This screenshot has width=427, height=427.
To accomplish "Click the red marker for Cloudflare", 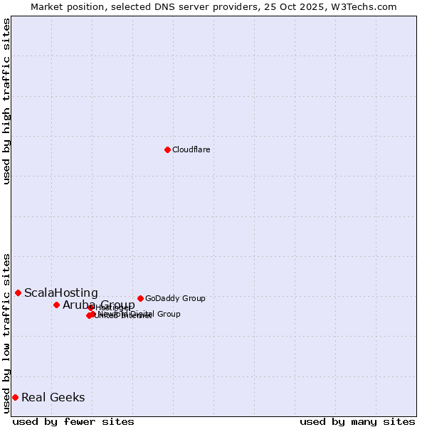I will click(167, 149).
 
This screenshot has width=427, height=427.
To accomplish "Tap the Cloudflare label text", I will click(191, 149).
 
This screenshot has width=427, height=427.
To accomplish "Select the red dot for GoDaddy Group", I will click(140, 298).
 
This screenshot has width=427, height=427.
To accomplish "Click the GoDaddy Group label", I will click(175, 298).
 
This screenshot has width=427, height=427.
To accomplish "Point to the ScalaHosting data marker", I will click(18, 292).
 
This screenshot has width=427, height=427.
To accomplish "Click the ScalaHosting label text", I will click(61, 292).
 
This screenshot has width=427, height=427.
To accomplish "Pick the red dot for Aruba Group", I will click(56, 305).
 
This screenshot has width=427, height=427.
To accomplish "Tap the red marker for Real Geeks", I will click(15, 397).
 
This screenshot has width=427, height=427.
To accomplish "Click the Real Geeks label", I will click(53, 397).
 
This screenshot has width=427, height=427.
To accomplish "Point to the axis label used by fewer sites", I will click(73, 421).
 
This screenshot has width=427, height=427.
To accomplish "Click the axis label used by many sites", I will click(357, 421).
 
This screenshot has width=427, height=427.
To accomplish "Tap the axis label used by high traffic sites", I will click(6, 101).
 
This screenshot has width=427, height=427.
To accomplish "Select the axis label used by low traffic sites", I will click(6, 332).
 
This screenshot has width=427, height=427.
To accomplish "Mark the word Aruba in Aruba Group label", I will click(79, 305).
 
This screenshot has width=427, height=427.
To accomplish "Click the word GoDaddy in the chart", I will click(162, 298).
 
